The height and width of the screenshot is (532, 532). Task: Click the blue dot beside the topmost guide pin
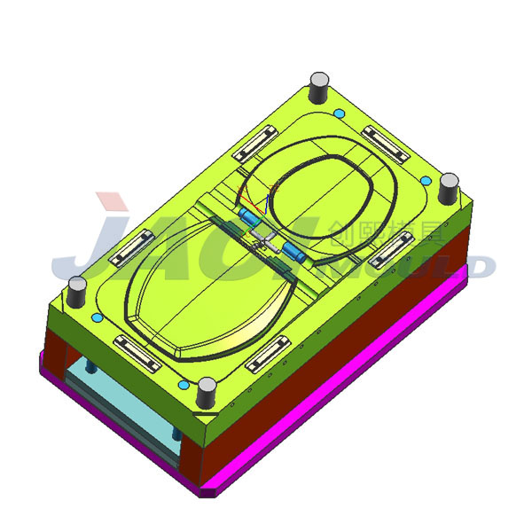340,113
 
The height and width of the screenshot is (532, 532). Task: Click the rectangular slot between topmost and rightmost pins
386,141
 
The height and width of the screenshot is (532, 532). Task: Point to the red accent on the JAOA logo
113,203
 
